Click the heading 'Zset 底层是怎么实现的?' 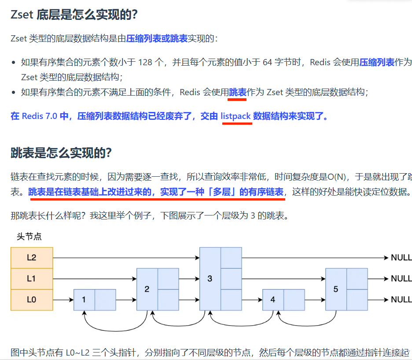(74, 14)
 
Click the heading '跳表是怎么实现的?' (61, 153)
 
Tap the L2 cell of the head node (32, 258)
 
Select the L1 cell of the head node (32, 278)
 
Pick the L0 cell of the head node (32, 300)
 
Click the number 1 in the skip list (84, 300)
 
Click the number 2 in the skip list (147, 289)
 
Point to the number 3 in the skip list (210, 279)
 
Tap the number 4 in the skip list (273, 300)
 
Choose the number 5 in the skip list (336, 289)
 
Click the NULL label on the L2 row (401, 258)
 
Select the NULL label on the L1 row (401, 279)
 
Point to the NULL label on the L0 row (401, 300)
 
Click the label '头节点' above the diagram (29, 237)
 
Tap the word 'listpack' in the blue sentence (235, 116)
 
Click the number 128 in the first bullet (145, 62)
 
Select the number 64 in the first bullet (268, 62)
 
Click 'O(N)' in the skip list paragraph (337, 177)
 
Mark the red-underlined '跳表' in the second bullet (238, 92)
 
